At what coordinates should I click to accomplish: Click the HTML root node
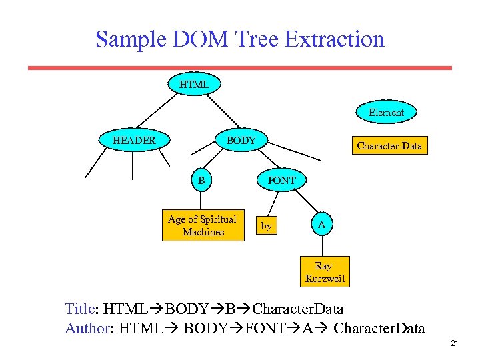(x=194, y=85)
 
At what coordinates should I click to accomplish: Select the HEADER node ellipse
(x=134, y=141)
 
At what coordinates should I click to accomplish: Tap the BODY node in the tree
(x=241, y=141)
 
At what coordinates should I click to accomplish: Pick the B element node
(x=201, y=180)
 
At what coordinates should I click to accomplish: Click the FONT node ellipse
(x=281, y=180)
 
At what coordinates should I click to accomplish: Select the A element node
(x=321, y=225)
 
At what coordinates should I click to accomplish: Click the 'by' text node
(x=267, y=227)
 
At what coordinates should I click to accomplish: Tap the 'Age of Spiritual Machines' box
(x=202, y=225)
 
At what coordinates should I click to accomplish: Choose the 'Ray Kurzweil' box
(x=325, y=272)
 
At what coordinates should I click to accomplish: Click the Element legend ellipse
(x=387, y=113)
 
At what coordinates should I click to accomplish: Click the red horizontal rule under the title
(x=240, y=67)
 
